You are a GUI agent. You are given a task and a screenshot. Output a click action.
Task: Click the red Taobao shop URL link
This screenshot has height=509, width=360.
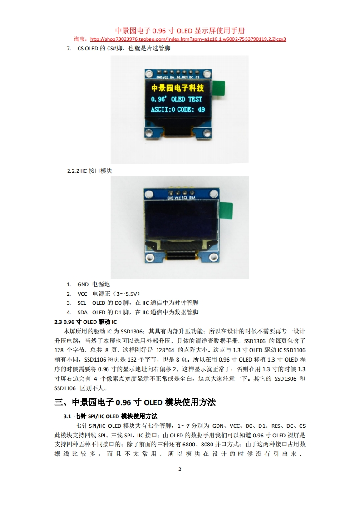188,39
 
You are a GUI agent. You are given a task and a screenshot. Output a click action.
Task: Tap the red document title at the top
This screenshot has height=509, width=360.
180,30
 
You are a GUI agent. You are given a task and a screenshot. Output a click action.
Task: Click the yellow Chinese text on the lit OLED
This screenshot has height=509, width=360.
178,88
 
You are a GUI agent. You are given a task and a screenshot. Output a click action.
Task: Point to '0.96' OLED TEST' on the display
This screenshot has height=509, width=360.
177,99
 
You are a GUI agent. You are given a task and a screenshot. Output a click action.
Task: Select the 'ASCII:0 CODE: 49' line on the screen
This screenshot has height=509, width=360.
178,109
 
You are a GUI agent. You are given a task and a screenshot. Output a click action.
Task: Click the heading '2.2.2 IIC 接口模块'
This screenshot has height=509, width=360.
90,171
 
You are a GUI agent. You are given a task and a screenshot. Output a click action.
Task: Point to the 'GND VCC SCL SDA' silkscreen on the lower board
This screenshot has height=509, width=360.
181,198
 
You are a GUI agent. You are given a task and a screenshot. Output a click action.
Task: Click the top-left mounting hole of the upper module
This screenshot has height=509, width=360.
149,73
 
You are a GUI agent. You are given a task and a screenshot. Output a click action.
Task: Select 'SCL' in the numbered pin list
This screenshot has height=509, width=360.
82,303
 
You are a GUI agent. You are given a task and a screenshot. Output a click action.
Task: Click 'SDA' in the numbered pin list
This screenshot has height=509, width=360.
83,313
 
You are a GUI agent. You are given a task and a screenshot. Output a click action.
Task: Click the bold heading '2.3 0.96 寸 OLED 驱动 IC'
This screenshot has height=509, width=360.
86,322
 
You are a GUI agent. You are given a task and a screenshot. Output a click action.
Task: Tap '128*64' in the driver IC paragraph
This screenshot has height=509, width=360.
165,350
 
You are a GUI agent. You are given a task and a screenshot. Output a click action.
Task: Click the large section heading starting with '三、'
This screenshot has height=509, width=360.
135,402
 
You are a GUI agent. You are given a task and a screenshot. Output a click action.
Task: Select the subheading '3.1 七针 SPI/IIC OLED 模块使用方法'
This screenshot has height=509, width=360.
110,416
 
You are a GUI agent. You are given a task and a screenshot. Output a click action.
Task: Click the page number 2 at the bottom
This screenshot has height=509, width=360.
180,470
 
